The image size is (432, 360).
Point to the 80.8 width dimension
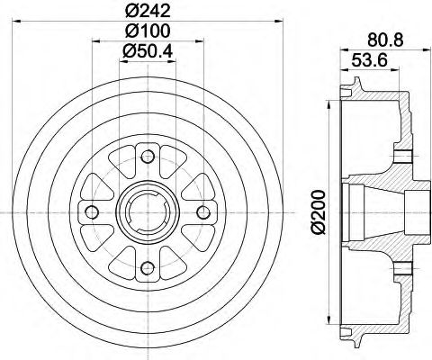386,39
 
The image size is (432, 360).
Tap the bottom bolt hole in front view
148,265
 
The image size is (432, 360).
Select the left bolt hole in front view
94,212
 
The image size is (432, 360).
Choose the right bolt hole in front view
202,212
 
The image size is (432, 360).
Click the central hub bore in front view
148,212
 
